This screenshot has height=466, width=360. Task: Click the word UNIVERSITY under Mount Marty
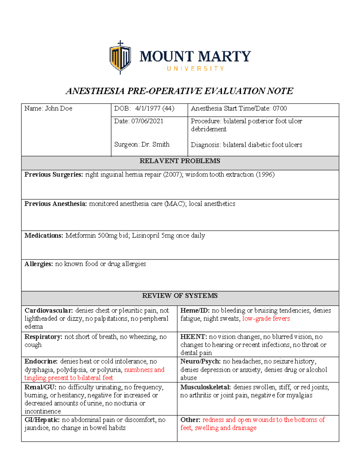(x=195, y=69)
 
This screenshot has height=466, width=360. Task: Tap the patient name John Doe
(x=58, y=108)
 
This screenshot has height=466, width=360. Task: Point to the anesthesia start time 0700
(x=280, y=108)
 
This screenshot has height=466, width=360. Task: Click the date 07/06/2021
(x=147, y=121)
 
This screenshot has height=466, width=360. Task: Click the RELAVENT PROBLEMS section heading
(x=180, y=161)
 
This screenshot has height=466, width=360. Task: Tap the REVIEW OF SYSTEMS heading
(x=180, y=296)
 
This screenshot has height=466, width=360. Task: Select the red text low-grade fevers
(x=266, y=319)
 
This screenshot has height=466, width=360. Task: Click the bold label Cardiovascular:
(x=49, y=311)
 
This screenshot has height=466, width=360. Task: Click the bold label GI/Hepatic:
(x=42, y=420)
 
